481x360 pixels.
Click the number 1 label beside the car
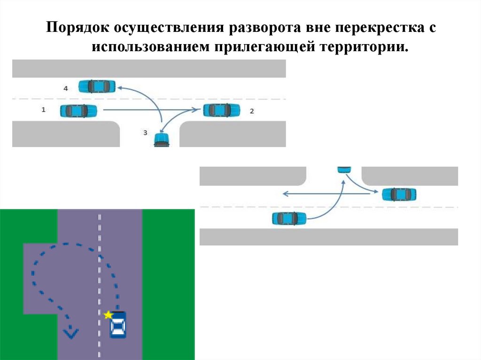coord(44,109)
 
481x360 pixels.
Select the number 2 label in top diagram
coord(252,111)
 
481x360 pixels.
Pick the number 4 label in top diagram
coord(65,88)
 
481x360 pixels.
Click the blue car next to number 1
coord(78,111)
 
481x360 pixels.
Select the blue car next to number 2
coord(221,111)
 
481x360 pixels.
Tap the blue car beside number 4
coord(97,86)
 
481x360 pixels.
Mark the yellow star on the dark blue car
coord(109,314)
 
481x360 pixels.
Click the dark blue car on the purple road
coord(118,325)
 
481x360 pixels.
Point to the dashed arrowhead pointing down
coord(71,333)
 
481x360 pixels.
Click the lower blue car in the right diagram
coord(289,218)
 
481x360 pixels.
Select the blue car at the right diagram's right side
coord(399,194)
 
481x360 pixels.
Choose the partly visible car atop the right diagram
coord(344,169)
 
